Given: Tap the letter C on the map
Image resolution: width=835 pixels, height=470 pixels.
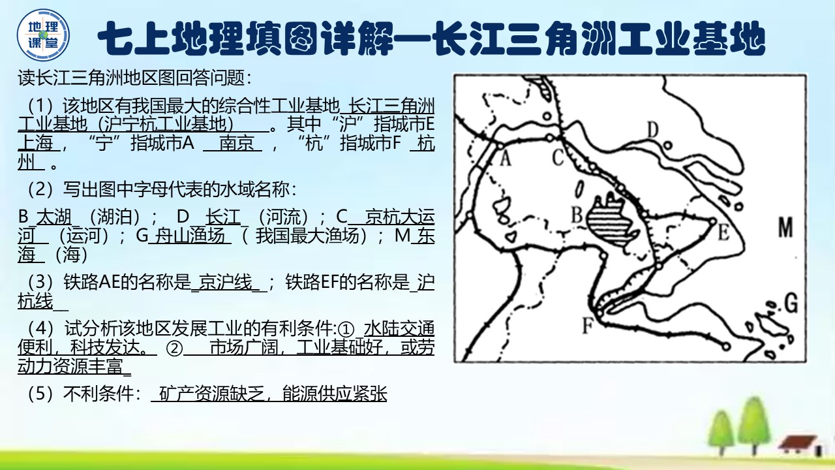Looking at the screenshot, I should [x=558, y=157].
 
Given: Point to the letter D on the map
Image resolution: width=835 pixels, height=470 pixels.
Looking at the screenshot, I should [x=654, y=130].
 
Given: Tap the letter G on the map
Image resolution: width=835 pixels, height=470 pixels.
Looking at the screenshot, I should [x=791, y=303].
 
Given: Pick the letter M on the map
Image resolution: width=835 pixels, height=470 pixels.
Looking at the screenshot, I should [x=785, y=228].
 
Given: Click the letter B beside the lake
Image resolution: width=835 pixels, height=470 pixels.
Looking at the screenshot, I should [x=576, y=213].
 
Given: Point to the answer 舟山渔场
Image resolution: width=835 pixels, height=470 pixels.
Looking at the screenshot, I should [x=190, y=236].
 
